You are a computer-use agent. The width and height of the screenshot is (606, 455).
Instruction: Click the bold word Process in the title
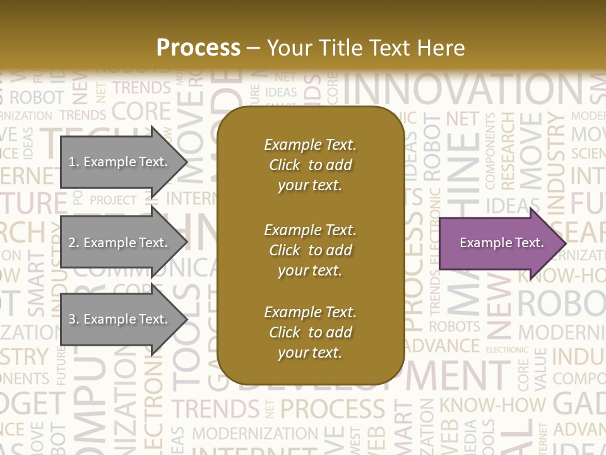(x=198, y=47)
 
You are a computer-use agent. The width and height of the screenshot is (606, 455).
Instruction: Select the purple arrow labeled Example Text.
(x=499, y=243)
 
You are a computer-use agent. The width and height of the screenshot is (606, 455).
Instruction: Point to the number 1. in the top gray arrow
(x=74, y=162)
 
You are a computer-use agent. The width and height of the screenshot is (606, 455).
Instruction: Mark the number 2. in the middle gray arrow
(x=74, y=243)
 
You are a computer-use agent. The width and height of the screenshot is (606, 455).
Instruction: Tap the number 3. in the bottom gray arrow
(x=74, y=319)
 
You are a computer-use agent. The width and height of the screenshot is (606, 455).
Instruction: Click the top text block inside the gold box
(x=310, y=165)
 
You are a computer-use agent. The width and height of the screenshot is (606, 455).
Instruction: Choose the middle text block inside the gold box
(x=310, y=250)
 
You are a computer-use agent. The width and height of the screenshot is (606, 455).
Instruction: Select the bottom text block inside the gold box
(x=310, y=332)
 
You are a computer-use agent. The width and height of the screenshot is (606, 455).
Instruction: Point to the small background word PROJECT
(x=113, y=200)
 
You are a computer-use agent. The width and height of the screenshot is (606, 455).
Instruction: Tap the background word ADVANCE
(x=442, y=346)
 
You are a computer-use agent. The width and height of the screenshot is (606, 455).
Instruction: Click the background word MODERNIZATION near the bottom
(x=255, y=434)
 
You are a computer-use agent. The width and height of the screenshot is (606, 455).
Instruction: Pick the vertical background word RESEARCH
(x=508, y=152)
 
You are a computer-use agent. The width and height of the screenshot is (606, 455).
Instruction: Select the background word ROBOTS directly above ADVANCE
(x=454, y=327)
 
